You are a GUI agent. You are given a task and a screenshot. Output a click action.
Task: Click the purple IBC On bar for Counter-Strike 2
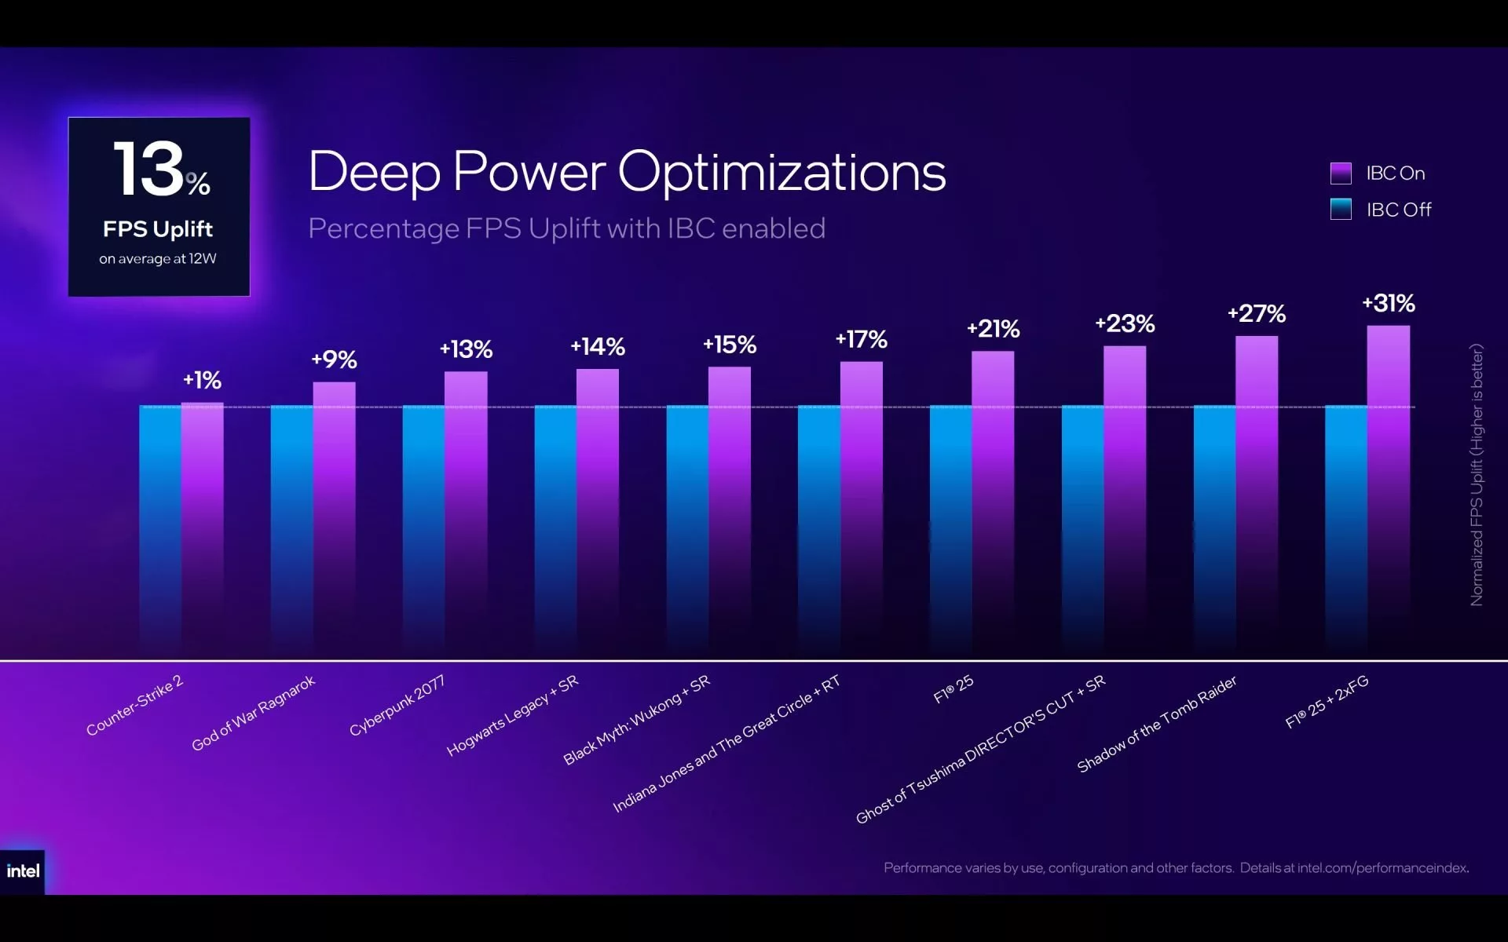[x=203, y=531]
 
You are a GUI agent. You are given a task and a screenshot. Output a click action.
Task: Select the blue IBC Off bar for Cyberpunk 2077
[x=424, y=532]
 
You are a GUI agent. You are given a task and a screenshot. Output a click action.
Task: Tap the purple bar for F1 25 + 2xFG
[x=1389, y=492]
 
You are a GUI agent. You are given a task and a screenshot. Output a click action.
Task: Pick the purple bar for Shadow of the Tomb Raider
[x=1257, y=498]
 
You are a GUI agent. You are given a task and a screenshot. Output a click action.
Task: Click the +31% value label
[x=1389, y=303]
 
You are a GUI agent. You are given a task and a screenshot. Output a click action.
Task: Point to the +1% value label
[x=203, y=380]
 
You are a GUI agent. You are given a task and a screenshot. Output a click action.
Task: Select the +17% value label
[x=862, y=339]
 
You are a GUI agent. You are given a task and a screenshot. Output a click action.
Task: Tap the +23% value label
[x=1125, y=323]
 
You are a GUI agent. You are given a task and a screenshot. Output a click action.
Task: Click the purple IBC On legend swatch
[x=1341, y=173]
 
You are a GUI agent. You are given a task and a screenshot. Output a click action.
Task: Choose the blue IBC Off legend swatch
[x=1341, y=209]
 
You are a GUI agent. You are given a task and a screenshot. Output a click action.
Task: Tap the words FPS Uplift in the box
[x=158, y=229]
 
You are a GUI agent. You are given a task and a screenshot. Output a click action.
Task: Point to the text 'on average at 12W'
[x=158, y=258]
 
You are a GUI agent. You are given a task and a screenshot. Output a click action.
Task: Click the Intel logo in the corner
[x=23, y=871]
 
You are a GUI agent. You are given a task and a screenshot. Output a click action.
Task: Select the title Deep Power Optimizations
[x=627, y=172]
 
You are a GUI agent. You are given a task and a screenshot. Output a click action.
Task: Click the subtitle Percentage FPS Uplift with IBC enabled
[x=566, y=228]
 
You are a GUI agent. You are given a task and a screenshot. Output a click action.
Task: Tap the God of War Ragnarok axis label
[x=253, y=713]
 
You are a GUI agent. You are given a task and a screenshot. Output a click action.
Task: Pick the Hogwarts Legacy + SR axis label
[x=512, y=715]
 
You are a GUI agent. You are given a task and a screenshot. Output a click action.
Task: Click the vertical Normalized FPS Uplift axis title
[x=1477, y=475]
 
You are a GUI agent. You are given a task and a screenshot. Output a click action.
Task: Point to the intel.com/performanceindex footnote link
[x=1383, y=867]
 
